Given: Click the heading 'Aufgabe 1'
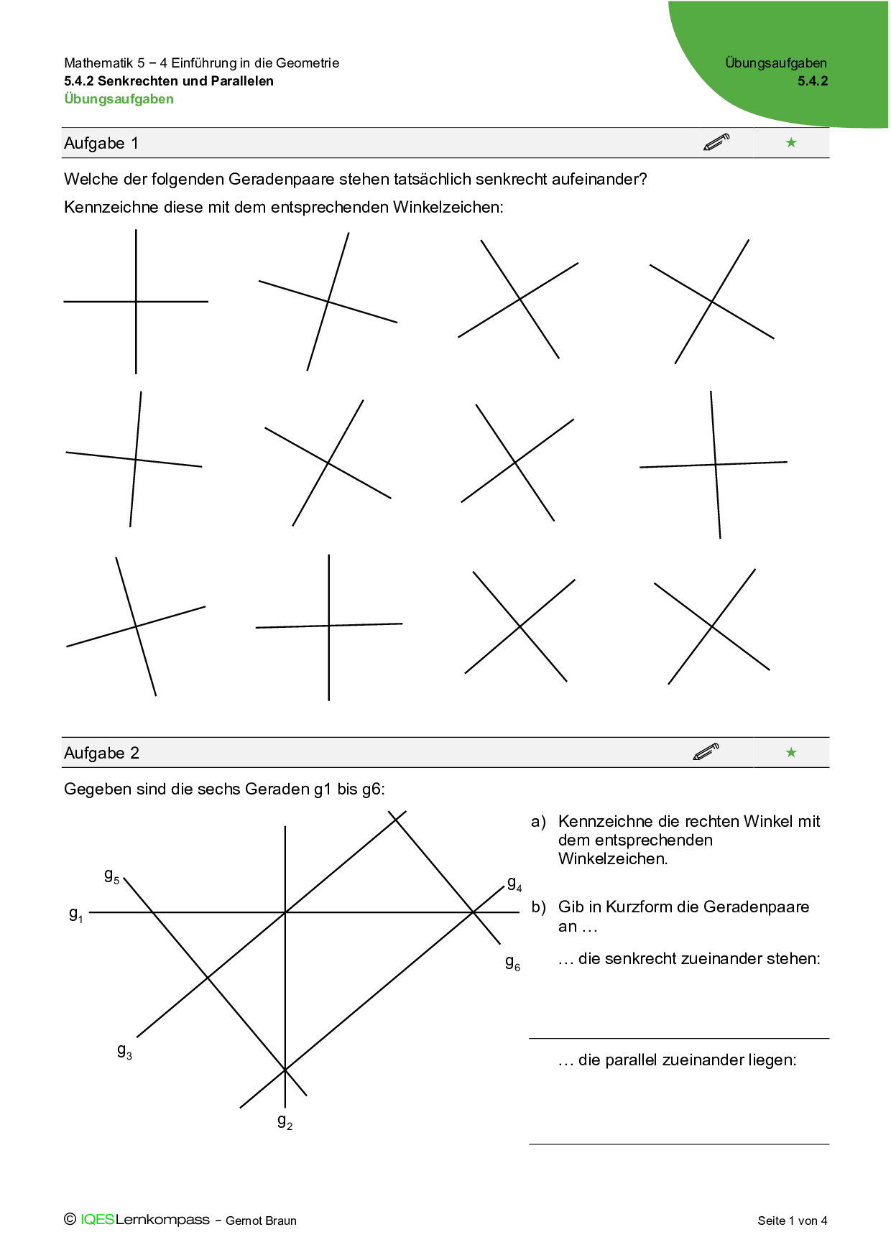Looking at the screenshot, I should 101,143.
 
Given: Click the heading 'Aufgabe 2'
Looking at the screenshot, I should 101,753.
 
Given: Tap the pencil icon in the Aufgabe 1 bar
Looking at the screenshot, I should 716,142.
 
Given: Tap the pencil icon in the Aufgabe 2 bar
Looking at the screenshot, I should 706,752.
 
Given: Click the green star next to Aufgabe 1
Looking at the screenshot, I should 791,142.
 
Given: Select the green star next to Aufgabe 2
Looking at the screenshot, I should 791,752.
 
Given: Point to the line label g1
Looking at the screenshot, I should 75,914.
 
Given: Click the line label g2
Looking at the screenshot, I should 285,1121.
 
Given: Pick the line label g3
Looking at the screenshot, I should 124,1052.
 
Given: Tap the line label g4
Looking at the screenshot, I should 514,884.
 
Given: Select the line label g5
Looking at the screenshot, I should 111,876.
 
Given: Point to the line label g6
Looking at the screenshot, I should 512,963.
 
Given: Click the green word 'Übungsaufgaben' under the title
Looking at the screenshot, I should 119,99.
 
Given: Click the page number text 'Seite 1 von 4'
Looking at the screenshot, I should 792,1220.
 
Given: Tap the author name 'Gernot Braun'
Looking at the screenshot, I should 261,1220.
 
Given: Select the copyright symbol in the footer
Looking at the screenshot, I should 70,1219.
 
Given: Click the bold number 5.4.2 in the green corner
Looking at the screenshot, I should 812,81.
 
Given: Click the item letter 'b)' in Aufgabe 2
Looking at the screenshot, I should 538,907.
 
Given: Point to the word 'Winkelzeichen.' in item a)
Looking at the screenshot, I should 612,858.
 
